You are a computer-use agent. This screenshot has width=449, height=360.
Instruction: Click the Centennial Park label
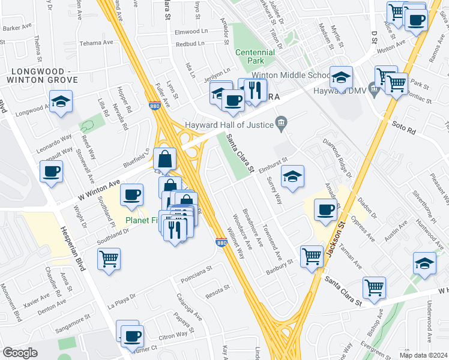click(255, 57)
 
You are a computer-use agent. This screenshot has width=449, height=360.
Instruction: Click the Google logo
click(20, 353)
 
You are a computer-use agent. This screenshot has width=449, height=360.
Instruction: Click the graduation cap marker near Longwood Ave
click(61, 101)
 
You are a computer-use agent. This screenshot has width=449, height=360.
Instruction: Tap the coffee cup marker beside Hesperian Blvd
click(52, 172)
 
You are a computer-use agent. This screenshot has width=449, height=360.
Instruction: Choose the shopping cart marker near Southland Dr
click(109, 259)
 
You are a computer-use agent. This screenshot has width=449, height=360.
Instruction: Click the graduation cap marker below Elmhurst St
click(292, 176)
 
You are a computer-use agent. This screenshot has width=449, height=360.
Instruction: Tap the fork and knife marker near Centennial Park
click(256, 90)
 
